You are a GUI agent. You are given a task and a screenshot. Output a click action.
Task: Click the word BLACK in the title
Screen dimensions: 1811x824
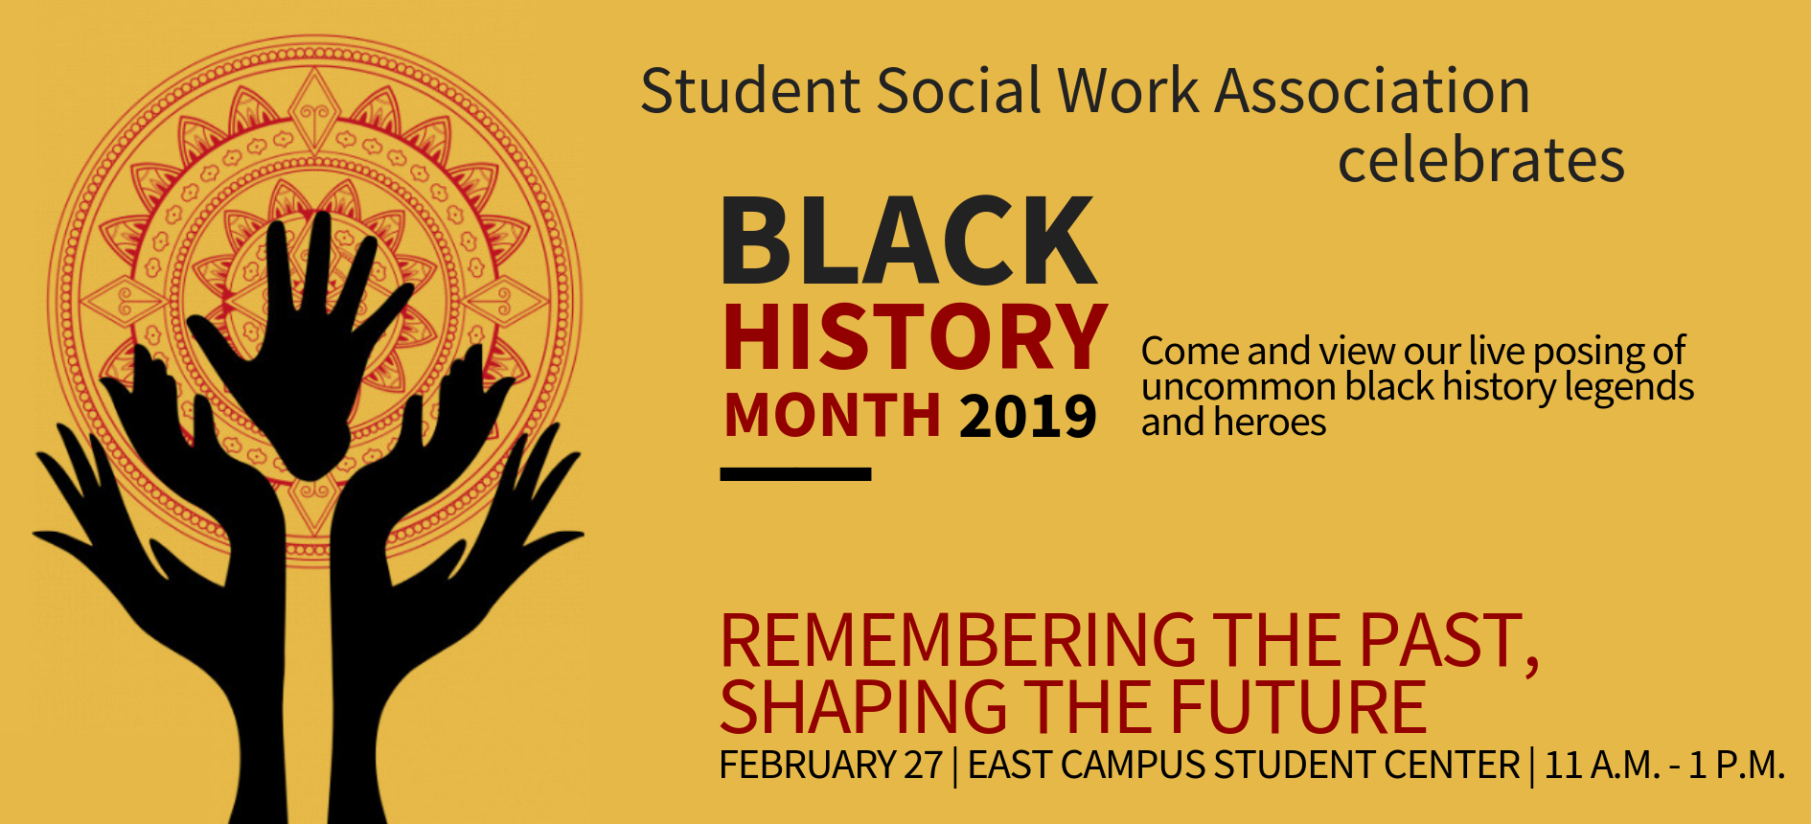pos(908,240)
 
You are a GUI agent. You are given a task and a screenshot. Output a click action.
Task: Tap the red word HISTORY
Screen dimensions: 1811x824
pos(915,337)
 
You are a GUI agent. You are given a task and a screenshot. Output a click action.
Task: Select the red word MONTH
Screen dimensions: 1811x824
pos(832,415)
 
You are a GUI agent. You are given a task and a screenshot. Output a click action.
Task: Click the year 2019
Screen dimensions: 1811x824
pos(1027,417)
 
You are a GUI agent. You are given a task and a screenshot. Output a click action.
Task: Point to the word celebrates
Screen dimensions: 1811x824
pos(1481,160)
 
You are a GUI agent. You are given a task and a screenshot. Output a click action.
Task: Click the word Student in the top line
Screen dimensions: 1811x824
pos(750,91)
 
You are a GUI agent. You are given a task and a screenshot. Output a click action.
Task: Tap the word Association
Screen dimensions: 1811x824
pos(1372,91)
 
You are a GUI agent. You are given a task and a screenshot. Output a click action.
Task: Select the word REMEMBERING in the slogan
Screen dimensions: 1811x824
pos(958,641)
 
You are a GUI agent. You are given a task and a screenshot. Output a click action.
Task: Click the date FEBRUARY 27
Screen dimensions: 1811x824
pos(831,766)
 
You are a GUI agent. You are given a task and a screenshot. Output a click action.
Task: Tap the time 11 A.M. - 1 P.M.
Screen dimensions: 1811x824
pos(1664,766)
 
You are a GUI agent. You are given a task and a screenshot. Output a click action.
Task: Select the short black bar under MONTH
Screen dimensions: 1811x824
pos(795,473)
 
